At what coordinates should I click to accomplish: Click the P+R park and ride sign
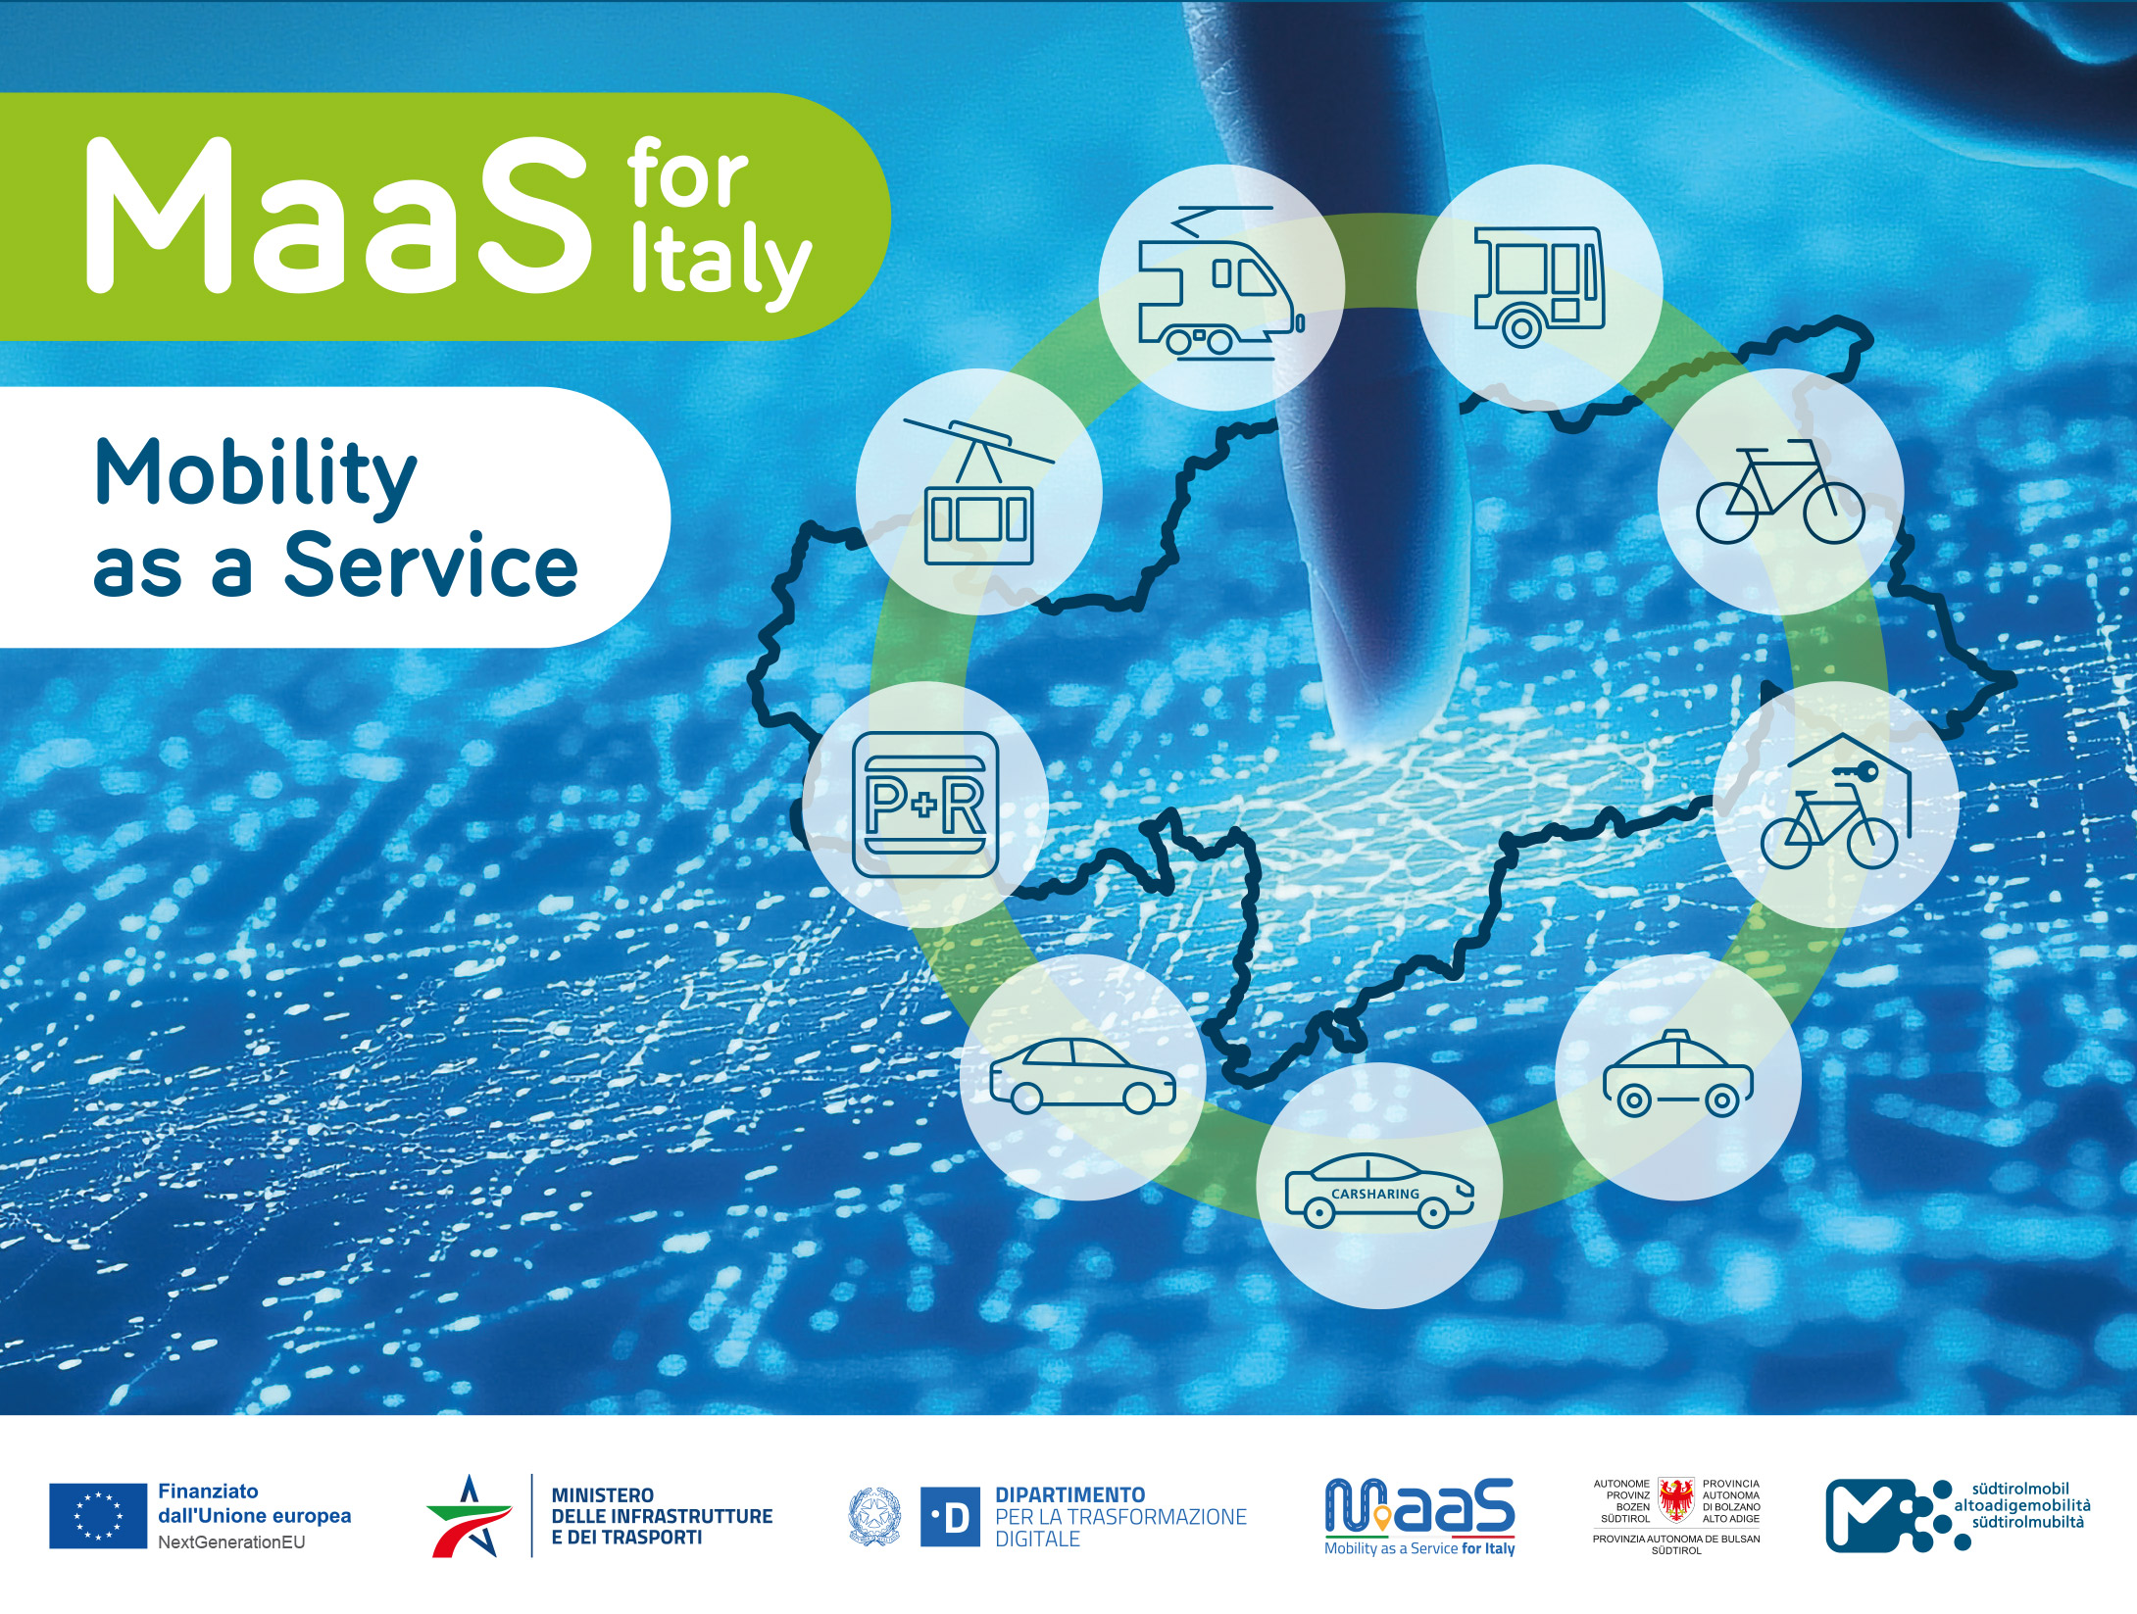coord(925,805)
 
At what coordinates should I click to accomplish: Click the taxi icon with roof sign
coord(1677,1073)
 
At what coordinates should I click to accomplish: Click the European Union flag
coord(98,1516)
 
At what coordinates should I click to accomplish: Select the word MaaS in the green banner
coord(338,217)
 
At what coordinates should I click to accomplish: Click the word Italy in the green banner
coord(721,263)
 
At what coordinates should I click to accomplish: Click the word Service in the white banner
coord(431,565)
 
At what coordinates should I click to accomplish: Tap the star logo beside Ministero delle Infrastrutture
coord(470,1516)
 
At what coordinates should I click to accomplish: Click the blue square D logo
coord(950,1517)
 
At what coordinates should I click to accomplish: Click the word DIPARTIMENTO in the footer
coord(1069,1495)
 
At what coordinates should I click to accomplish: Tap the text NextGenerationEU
coord(231,1542)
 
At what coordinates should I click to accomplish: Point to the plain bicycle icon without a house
coord(1780,493)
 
